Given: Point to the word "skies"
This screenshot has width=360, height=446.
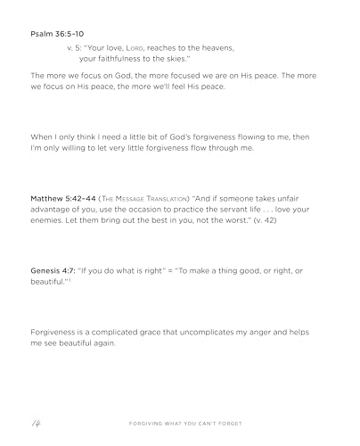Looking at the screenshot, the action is [176, 57].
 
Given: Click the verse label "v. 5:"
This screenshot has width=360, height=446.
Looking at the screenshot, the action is [77, 46].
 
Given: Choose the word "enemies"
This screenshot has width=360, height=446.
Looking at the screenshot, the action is [51, 219].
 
